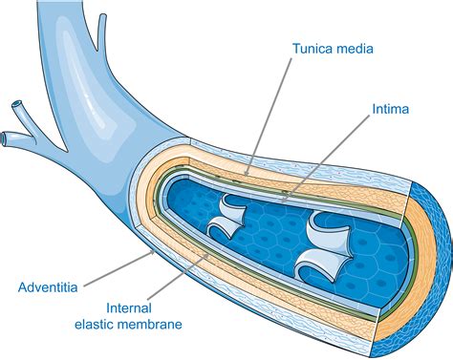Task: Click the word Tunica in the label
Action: (312, 49)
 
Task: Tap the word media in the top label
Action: (353, 49)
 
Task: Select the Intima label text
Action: (391, 109)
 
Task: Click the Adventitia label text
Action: (48, 287)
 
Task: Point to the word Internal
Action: (129, 308)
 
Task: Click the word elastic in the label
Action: (94, 325)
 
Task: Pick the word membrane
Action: (150, 325)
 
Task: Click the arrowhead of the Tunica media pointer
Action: (247, 173)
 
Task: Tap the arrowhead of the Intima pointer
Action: (284, 200)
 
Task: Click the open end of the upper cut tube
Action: (17, 104)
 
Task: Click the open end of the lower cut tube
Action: (3, 138)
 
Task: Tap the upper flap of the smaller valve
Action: (233, 209)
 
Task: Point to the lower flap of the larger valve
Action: (318, 265)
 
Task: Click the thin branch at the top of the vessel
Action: (102, 32)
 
